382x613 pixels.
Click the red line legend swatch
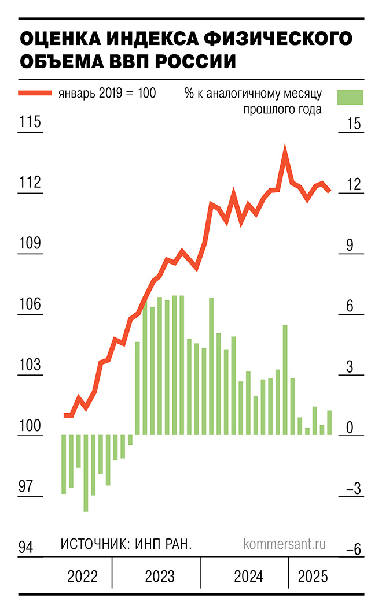click(35, 93)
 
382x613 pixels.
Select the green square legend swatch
click(351, 97)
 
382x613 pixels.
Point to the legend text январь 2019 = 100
click(107, 93)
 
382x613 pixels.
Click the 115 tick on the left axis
click(30, 123)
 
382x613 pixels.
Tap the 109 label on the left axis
click(30, 244)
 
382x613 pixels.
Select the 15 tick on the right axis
click(352, 124)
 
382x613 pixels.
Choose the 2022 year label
click(83, 577)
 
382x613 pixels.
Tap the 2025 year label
click(313, 577)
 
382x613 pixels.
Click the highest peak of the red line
click(285, 148)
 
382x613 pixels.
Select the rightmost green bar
click(329, 422)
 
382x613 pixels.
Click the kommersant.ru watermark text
click(285, 544)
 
